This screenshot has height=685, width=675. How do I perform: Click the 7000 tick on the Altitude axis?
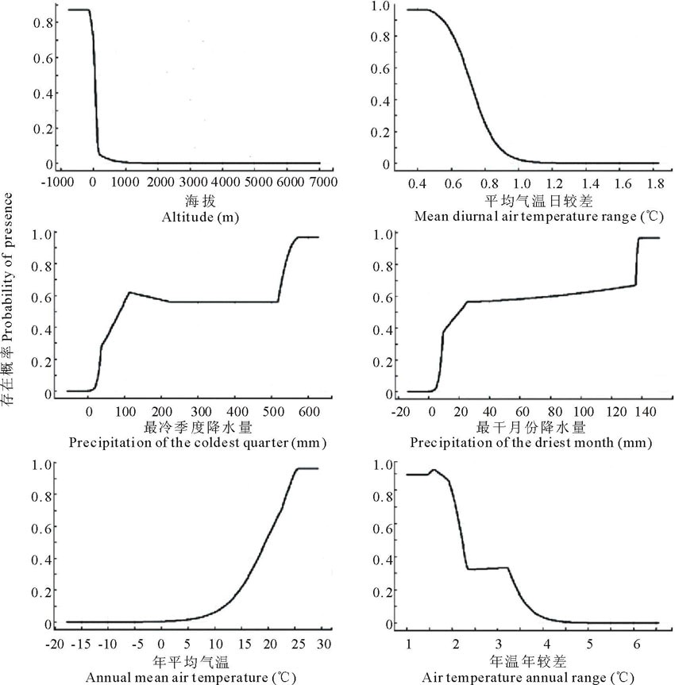point(322,182)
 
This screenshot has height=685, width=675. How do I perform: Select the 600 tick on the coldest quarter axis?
point(470,412)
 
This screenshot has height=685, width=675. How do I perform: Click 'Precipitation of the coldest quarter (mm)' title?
point(198,442)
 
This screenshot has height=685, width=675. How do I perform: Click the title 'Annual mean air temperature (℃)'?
point(195,676)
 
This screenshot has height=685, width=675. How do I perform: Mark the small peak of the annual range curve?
point(433,470)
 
